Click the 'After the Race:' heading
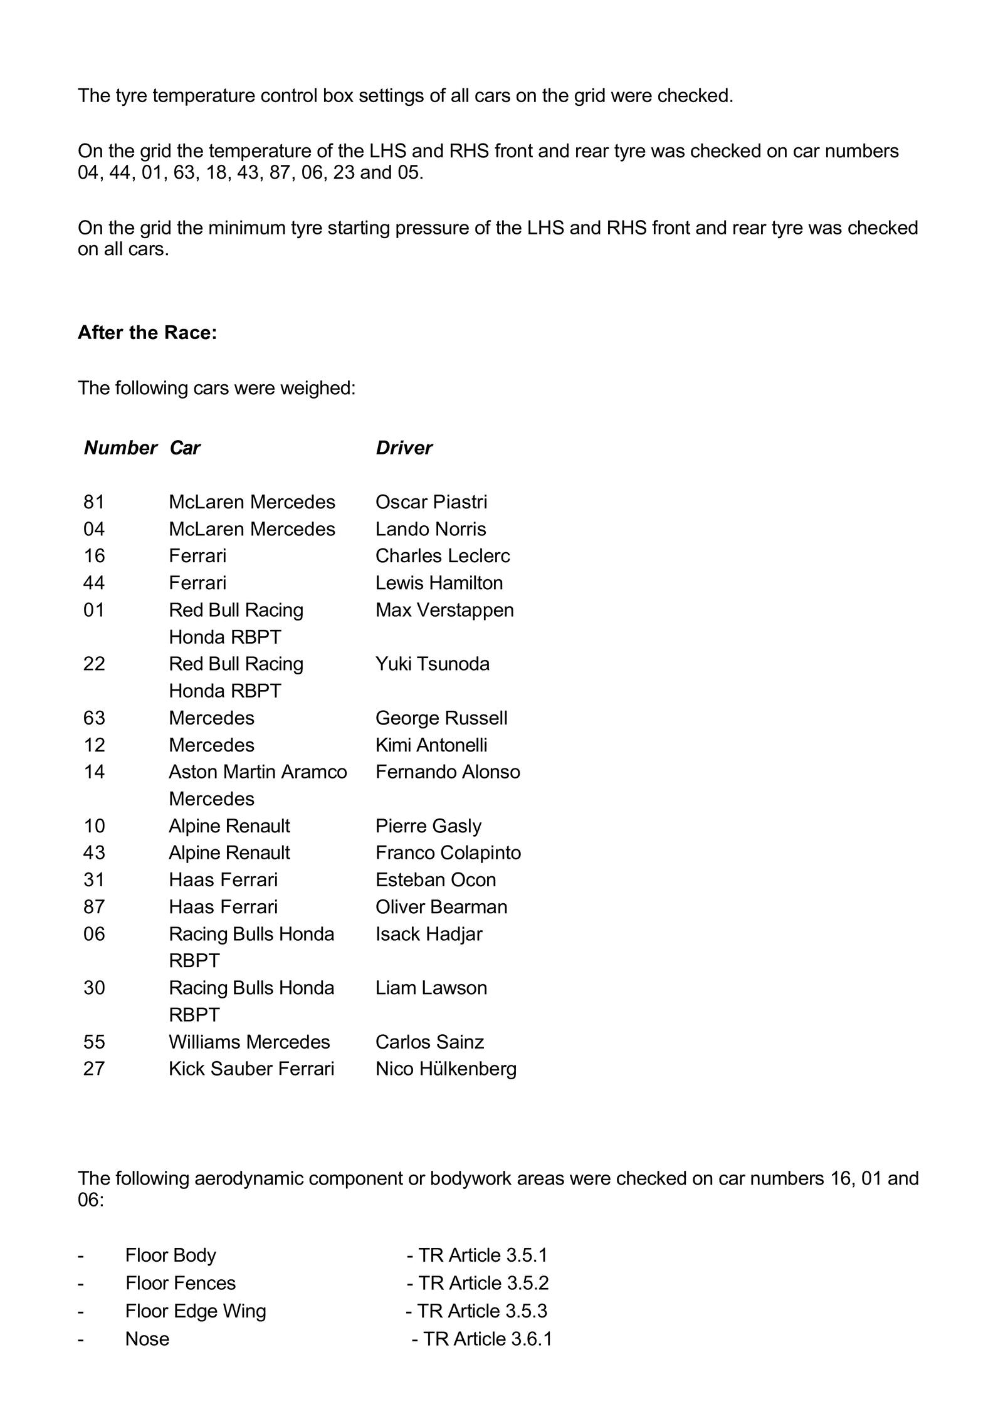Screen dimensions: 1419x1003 click(147, 333)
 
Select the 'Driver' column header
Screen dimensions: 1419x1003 click(404, 448)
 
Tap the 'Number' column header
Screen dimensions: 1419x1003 click(120, 448)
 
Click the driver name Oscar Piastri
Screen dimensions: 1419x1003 click(431, 502)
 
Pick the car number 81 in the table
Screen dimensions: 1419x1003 click(94, 502)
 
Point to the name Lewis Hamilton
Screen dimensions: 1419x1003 click(439, 583)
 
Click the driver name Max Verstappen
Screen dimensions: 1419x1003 click(444, 610)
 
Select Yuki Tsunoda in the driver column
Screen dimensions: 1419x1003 click(432, 664)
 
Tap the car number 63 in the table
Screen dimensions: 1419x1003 click(94, 718)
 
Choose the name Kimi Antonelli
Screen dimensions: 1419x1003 click(431, 745)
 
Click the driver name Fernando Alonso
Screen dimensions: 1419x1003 click(448, 772)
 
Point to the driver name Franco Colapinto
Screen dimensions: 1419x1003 click(448, 852)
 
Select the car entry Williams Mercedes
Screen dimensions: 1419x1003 click(249, 1042)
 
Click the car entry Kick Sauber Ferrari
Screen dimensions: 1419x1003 click(251, 1069)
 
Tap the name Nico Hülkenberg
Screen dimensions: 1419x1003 click(446, 1069)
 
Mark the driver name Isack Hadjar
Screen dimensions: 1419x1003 click(429, 934)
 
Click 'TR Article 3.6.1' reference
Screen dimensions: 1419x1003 click(482, 1339)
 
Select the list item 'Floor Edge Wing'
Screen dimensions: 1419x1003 click(196, 1311)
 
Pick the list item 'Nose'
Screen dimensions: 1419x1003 click(147, 1339)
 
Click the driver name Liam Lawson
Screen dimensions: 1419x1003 click(431, 988)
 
